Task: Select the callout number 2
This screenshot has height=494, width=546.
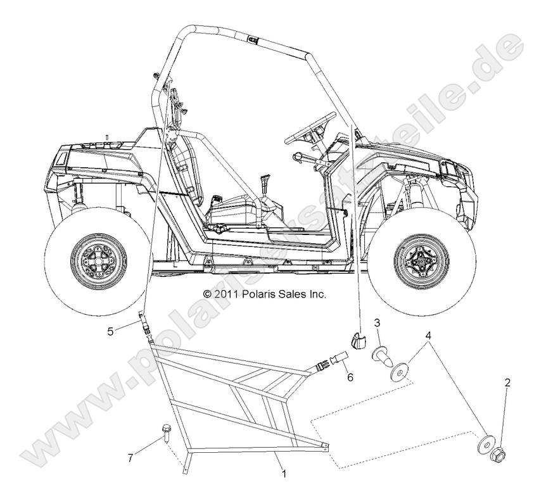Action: pyautogui.click(x=507, y=383)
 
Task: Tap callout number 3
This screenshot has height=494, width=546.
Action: pyautogui.click(x=377, y=323)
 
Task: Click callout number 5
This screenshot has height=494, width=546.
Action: pyautogui.click(x=111, y=330)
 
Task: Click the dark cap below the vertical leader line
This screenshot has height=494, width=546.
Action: pyautogui.click(x=359, y=340)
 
